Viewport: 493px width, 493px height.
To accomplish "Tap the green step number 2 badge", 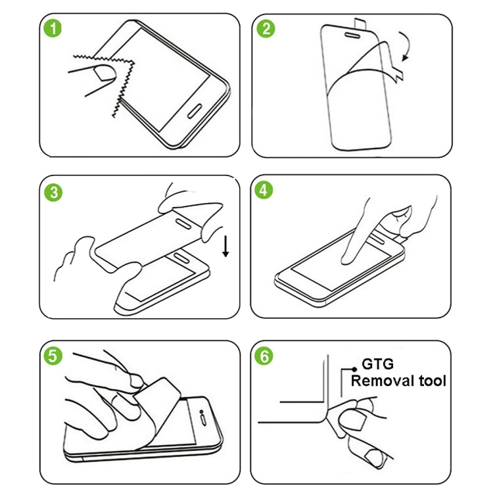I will [266, 30].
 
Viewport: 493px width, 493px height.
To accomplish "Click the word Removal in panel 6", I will [383, 381].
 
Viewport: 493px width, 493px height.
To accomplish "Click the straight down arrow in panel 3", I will [225, 246].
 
